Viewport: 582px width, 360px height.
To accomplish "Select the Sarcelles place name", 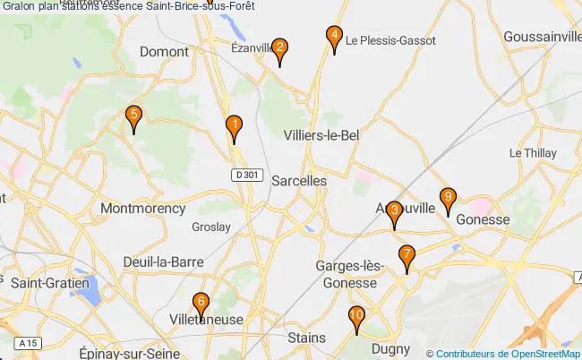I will [300, 180].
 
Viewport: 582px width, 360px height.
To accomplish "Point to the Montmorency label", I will [143, 209].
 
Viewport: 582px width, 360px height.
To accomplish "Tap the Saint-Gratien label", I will [50, 282].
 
